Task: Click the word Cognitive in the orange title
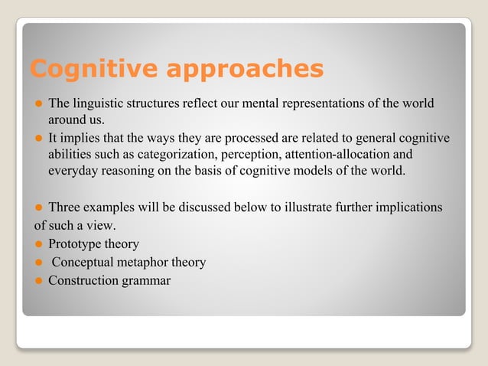[85, 69]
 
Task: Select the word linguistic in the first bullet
[97, 103]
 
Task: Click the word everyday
[73, 170]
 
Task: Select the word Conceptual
[83, 263]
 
